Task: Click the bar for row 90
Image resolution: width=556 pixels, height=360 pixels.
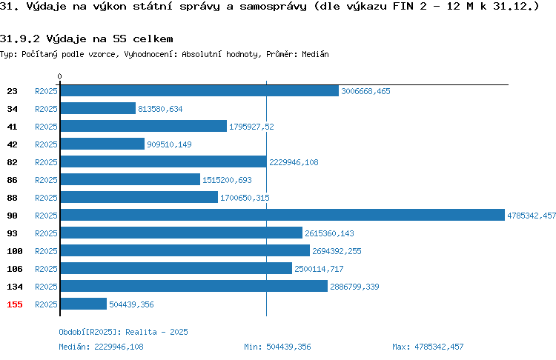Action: click(x=282, y=215)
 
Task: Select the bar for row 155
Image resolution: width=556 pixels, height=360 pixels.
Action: click(x=84, y=304)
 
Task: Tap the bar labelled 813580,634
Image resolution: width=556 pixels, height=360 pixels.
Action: click(x=98, y=108)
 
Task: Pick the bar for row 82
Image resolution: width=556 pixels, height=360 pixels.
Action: click(x=164, y=161)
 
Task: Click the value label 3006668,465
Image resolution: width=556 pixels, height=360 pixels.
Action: click(x=365, y=91)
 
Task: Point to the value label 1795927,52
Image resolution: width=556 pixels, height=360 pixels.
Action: click(x=251, y=127)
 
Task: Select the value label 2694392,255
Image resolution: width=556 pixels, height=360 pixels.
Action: click(x=337, y=251)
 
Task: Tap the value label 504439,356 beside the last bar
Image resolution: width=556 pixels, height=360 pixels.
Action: click(x=131, y=304)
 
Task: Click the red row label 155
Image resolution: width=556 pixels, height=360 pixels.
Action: click(x=15, y=304)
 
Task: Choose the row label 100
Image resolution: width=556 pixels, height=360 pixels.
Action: click(x=15, y=251)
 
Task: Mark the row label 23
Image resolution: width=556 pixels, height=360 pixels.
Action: click(x=12, y=91)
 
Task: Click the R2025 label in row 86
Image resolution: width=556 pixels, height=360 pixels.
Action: click(x=46, y=180)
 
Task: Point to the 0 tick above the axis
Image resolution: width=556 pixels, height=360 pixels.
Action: click(x=59, y=76)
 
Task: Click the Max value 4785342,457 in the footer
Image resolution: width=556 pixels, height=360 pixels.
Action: click(x=439, y=347)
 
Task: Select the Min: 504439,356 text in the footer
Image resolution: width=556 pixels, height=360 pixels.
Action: click(x=277, y=347)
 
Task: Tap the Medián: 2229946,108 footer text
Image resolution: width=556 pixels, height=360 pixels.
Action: click(x=101, y=347)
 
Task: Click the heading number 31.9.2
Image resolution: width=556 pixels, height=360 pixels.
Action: click(x=20, y=39)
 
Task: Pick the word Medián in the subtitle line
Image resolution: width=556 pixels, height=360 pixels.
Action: click(x=315, y=54)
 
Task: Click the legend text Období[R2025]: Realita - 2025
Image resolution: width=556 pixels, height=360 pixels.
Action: click(x=123, y=332)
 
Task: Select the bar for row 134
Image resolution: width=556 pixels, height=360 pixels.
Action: click(x=194, y=286)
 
